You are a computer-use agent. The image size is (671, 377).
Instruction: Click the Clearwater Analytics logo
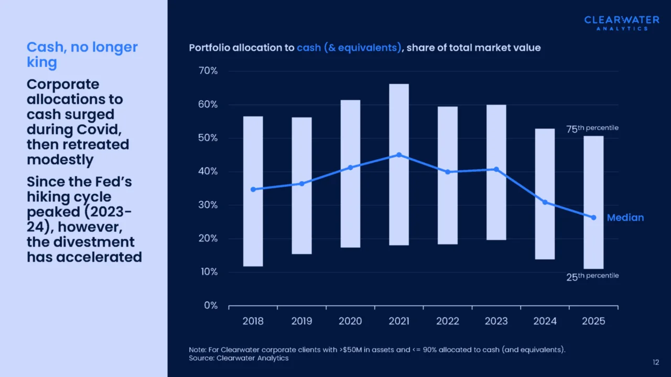tap(622, 23)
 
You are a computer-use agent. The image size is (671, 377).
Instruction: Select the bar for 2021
tap(399, 164)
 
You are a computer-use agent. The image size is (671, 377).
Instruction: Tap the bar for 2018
tap(253, 191)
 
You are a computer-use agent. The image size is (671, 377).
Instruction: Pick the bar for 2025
tap(593, 202)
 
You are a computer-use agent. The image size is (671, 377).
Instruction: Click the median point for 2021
tap(399, 155)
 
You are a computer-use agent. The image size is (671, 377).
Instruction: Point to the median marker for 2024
tap(545, 202)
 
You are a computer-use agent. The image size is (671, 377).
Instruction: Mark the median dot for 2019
tap(301, 183)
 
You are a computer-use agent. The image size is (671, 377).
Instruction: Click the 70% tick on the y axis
tap(208, 71)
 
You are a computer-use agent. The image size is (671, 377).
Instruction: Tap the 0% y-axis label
tap(210, 305)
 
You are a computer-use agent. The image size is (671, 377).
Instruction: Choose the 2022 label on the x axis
tap(448, 321)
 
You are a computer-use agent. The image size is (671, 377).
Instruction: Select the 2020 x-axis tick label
tap(350, 321)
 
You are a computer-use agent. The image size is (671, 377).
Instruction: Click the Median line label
tap(625, 218)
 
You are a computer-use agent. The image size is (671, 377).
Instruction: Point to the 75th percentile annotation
tap(592, 128)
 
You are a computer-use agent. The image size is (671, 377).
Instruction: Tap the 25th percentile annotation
tap(592, 276)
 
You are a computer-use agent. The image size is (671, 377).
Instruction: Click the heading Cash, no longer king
tap(82, 54)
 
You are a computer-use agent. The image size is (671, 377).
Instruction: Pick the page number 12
tap(656, 362)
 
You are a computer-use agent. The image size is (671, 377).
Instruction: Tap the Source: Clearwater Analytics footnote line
tap(239, 358)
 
